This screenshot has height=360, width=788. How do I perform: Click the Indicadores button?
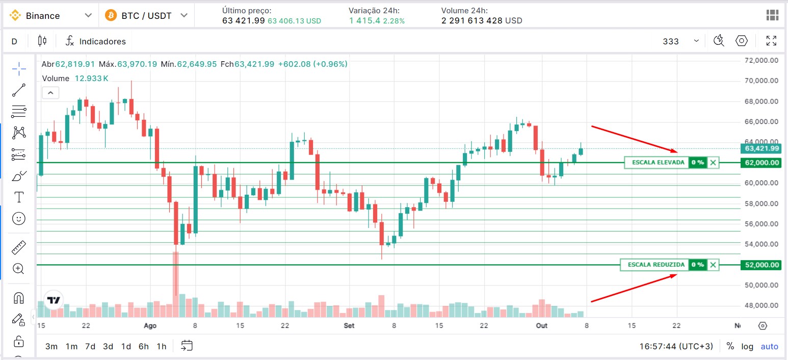coord(96,41)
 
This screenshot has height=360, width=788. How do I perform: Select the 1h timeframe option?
coord(162,346)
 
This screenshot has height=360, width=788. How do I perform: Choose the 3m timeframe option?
coord(51,346)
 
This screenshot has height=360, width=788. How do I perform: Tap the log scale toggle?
coord(747,346)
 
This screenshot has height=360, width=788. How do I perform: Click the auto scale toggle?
coord(769,346)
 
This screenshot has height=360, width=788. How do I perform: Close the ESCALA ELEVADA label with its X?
coord(713,163)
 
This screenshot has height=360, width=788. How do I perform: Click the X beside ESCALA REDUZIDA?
coord(713,265)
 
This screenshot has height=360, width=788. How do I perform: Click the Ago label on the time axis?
coord(150,325)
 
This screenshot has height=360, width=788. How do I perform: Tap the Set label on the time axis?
coord(349,325)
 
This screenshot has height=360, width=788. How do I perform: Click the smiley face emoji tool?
coord(19,219)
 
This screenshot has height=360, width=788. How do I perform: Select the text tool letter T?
coord(19,197)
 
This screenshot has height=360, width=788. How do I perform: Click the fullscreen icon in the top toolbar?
coord(771,41)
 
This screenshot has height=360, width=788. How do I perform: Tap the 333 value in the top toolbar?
coord(671,41)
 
